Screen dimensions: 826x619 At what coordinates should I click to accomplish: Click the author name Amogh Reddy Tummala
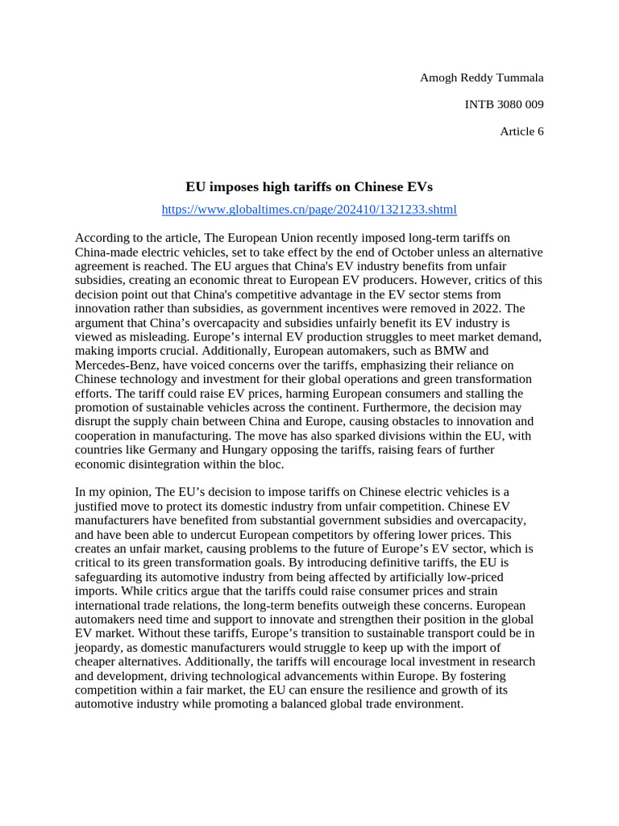(x=481, y=77)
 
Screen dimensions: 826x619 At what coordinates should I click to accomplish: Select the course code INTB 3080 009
(x=505, y=104)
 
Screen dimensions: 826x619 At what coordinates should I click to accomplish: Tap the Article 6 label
(x=521, y=131)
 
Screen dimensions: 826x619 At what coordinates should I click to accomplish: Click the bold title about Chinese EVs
(x=309, y=186)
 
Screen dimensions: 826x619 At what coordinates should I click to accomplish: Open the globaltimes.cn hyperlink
(x=309, y=210)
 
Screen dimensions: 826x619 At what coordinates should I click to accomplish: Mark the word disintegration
(x=172, y=465)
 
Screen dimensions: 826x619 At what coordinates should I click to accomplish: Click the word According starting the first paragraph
(x=102, y=238)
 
